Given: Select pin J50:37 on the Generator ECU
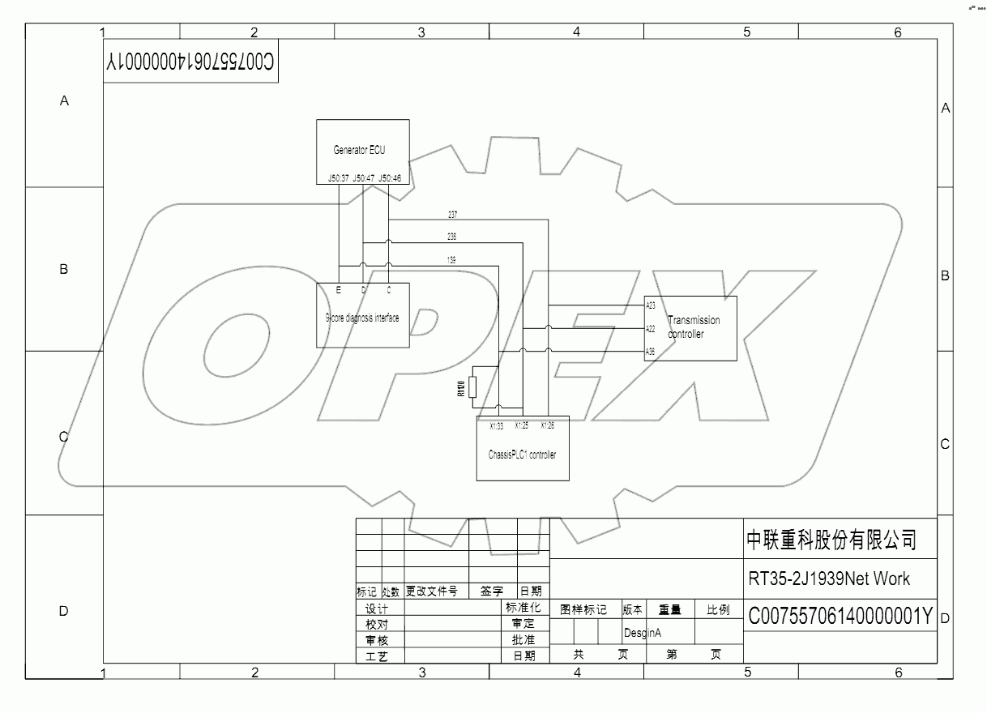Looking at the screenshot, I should pyautogui.click(x=338, y=178).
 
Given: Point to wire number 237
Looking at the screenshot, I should pyautogui.click(x=452, y=215).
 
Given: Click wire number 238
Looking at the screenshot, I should pyautogui.click(x=452, y=237).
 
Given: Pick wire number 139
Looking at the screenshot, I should pyautogui.click(x=452, y=260).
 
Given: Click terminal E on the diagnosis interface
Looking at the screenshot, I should pyautogui.click(x=338, y=289).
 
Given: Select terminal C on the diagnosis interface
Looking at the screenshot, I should pyautogui.click(x=389, y=289).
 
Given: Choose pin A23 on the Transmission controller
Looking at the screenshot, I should pyautogui.click(x=651, y=305).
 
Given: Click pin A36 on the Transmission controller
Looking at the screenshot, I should pyautogui.click(x=651, y=352).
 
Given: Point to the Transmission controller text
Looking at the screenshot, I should pyautogui.click(x=693, y=327).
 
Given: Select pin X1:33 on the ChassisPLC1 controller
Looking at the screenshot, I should pyautogui.click(x=497, y=425).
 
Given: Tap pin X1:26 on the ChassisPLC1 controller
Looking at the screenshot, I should pyautogui.click(x=548, y=425).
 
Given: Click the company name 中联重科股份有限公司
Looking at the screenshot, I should pyautogui.click(x=831, y=540).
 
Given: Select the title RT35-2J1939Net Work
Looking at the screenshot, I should pyautogui.click(x=829, y=579).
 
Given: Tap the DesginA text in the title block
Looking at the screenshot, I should pyautogui.click(x=643, y=632).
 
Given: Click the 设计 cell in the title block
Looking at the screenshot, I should pyautogui.click(x=377, y=609).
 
